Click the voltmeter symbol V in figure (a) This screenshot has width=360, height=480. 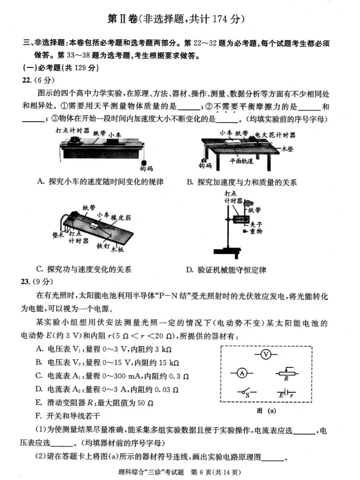pyautogui.click(x=266, y=354)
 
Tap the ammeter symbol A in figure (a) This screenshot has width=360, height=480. pyautogui.click(x=242, y=373)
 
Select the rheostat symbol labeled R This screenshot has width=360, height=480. pyautogui.click(x=286, y=374)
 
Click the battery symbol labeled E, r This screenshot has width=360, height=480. pyautogui.click(x=286, y=394)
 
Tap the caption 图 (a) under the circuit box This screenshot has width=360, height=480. pyautogui.click(x=266, y=411)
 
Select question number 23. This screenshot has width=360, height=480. pyautogui.click(x=26, y=282)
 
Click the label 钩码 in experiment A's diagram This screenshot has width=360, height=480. pyautogui.click(x=146, y=169)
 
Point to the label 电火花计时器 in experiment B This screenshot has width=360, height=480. pyautogui.click(x=275, y=135)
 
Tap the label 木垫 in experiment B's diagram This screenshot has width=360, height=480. pyautogui.click(x=287, y=149)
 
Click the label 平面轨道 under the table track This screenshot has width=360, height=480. pyautogui.click(x=241, y=161)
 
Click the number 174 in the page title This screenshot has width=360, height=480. pyautogui.click(x=220, y=19)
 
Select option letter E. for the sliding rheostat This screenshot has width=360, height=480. pyautogui.click(x=39, y=403)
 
